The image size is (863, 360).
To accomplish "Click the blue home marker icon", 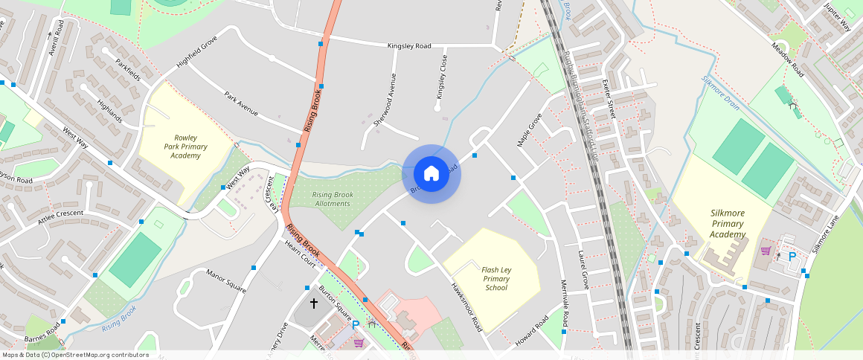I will (431, 174).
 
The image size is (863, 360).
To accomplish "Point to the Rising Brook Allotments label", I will (333, 199).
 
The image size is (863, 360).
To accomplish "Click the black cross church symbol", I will (313, 303).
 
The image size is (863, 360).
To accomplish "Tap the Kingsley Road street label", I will (409, 46).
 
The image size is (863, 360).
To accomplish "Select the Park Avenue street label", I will (241, 104).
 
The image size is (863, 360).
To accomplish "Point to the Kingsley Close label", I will (442, 77).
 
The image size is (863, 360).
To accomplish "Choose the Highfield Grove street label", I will (196, 52).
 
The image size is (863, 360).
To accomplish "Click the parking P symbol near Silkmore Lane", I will (792, 256).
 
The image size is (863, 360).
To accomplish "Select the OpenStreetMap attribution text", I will (76, 355).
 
